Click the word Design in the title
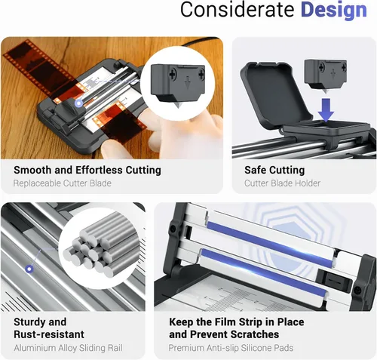(x=333, y=10)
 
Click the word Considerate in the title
(x=237, y=10)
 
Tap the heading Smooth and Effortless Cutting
(x=87, y=170)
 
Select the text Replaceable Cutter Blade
(x=63, y=183)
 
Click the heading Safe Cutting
(x=274, y=170)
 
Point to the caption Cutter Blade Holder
(x=282, y=183)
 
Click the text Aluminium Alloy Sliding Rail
(x=68, y=348)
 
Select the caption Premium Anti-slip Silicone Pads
(x=231, y=348)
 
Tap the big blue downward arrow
(x=326, y=110)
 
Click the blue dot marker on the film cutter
(x=79, y=103)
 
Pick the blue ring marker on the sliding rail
(x=29, y=269)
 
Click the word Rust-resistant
(x=49, y=334)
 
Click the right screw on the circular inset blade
(x=201, y=74)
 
